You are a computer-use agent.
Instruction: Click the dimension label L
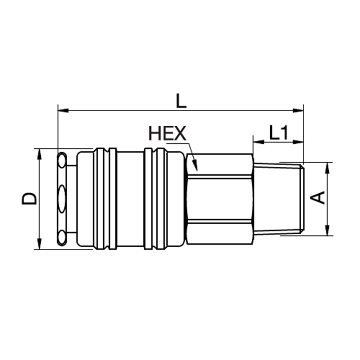click(x=181, y=101)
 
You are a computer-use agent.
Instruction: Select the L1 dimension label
click(x=279, y=133)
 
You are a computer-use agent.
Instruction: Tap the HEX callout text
click(x=167, y=134)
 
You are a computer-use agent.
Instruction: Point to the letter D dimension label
click(x=29, y=198)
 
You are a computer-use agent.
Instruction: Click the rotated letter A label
click(x=318, y=198)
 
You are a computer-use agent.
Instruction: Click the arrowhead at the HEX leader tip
click(x=194, y=165)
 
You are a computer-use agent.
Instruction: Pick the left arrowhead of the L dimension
click(x=63, y=111)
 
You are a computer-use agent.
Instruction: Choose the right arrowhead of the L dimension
click(x=298, y=111)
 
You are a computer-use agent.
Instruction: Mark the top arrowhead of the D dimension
click(x=40, y=154)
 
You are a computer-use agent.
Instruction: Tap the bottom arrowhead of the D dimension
click(x=40, y=244)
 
